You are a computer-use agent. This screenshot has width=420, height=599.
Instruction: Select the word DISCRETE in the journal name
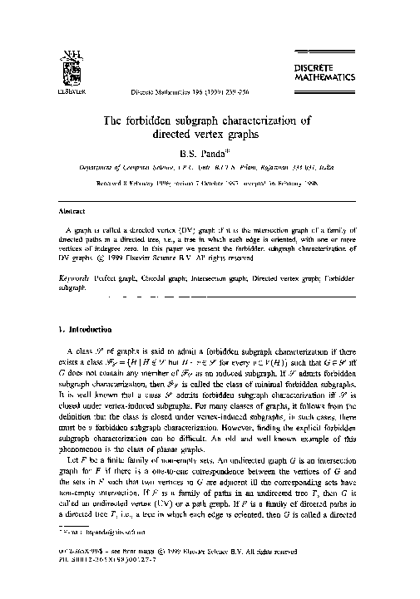click(x=365, y=63)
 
